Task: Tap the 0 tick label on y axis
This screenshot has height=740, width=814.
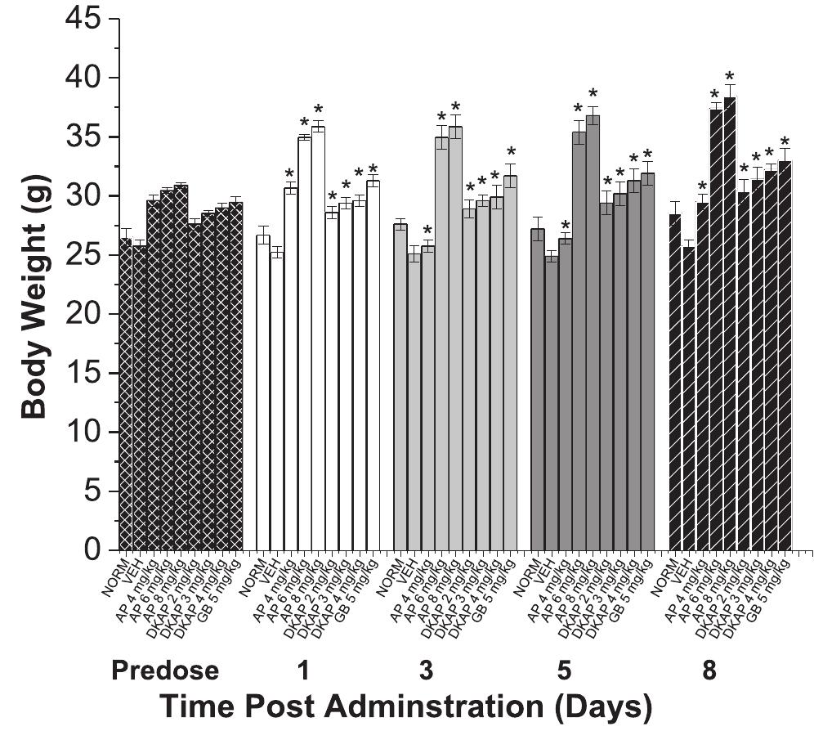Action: tap(99, 549)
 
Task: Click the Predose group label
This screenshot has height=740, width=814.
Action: tap(165, 671)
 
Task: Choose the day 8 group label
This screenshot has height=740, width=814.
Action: tap(709, 671)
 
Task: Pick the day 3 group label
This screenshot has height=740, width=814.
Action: tap(426, 671)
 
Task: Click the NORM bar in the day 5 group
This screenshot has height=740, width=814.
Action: tap(538, 392)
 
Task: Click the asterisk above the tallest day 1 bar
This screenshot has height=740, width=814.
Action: tap(319, 109)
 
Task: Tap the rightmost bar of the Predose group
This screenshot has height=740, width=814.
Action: tap(236, 380)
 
